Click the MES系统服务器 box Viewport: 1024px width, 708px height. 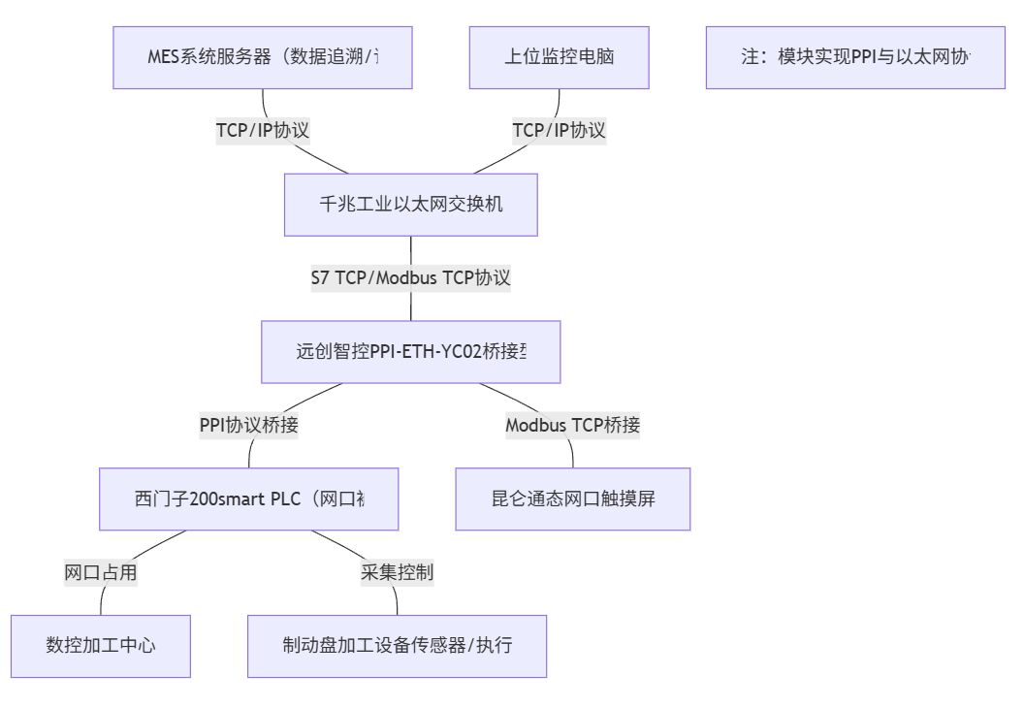click(263, 57)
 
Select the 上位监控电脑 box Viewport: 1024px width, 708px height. click(559, 57)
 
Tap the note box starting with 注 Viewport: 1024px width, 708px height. click(854, 57)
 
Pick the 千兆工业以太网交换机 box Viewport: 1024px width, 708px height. click(410, 205)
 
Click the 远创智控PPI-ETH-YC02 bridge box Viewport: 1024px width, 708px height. click(410, 352)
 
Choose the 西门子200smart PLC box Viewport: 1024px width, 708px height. click(248, 499)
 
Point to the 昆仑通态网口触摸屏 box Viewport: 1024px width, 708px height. click(572, 499)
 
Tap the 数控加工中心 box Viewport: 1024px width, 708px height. click(101, 646)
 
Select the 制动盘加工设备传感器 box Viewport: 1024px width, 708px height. click(397, 646)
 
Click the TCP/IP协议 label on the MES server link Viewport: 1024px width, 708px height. click(263, 131)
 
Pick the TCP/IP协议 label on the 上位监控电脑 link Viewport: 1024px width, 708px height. click(559, 131)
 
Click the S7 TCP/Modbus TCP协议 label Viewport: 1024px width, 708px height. click(410, 278)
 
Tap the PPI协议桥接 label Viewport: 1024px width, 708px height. click(248, 425)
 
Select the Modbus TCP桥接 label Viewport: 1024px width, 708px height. click(572, 425)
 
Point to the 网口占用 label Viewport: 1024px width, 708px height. click(101, 572)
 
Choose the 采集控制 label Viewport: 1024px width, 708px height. click(397, 572)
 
